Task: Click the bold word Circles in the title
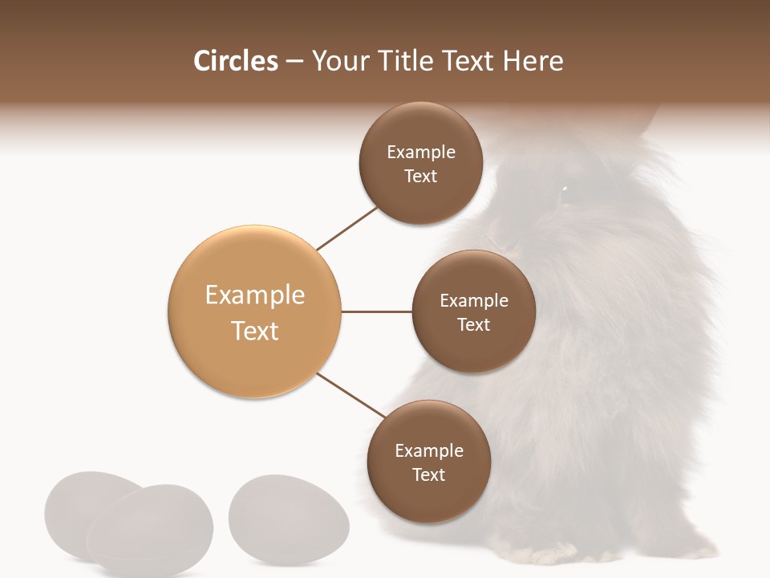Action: point(235,61)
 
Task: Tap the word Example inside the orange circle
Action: point(254,295)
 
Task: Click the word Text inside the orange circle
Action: point(254,331)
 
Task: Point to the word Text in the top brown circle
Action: point(420,177)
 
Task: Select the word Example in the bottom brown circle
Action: point(428,450)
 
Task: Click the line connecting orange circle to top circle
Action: point(346,228)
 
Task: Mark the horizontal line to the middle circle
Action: point(377,311)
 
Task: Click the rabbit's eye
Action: point(564,189)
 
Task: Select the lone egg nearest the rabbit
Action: point(289,514)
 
